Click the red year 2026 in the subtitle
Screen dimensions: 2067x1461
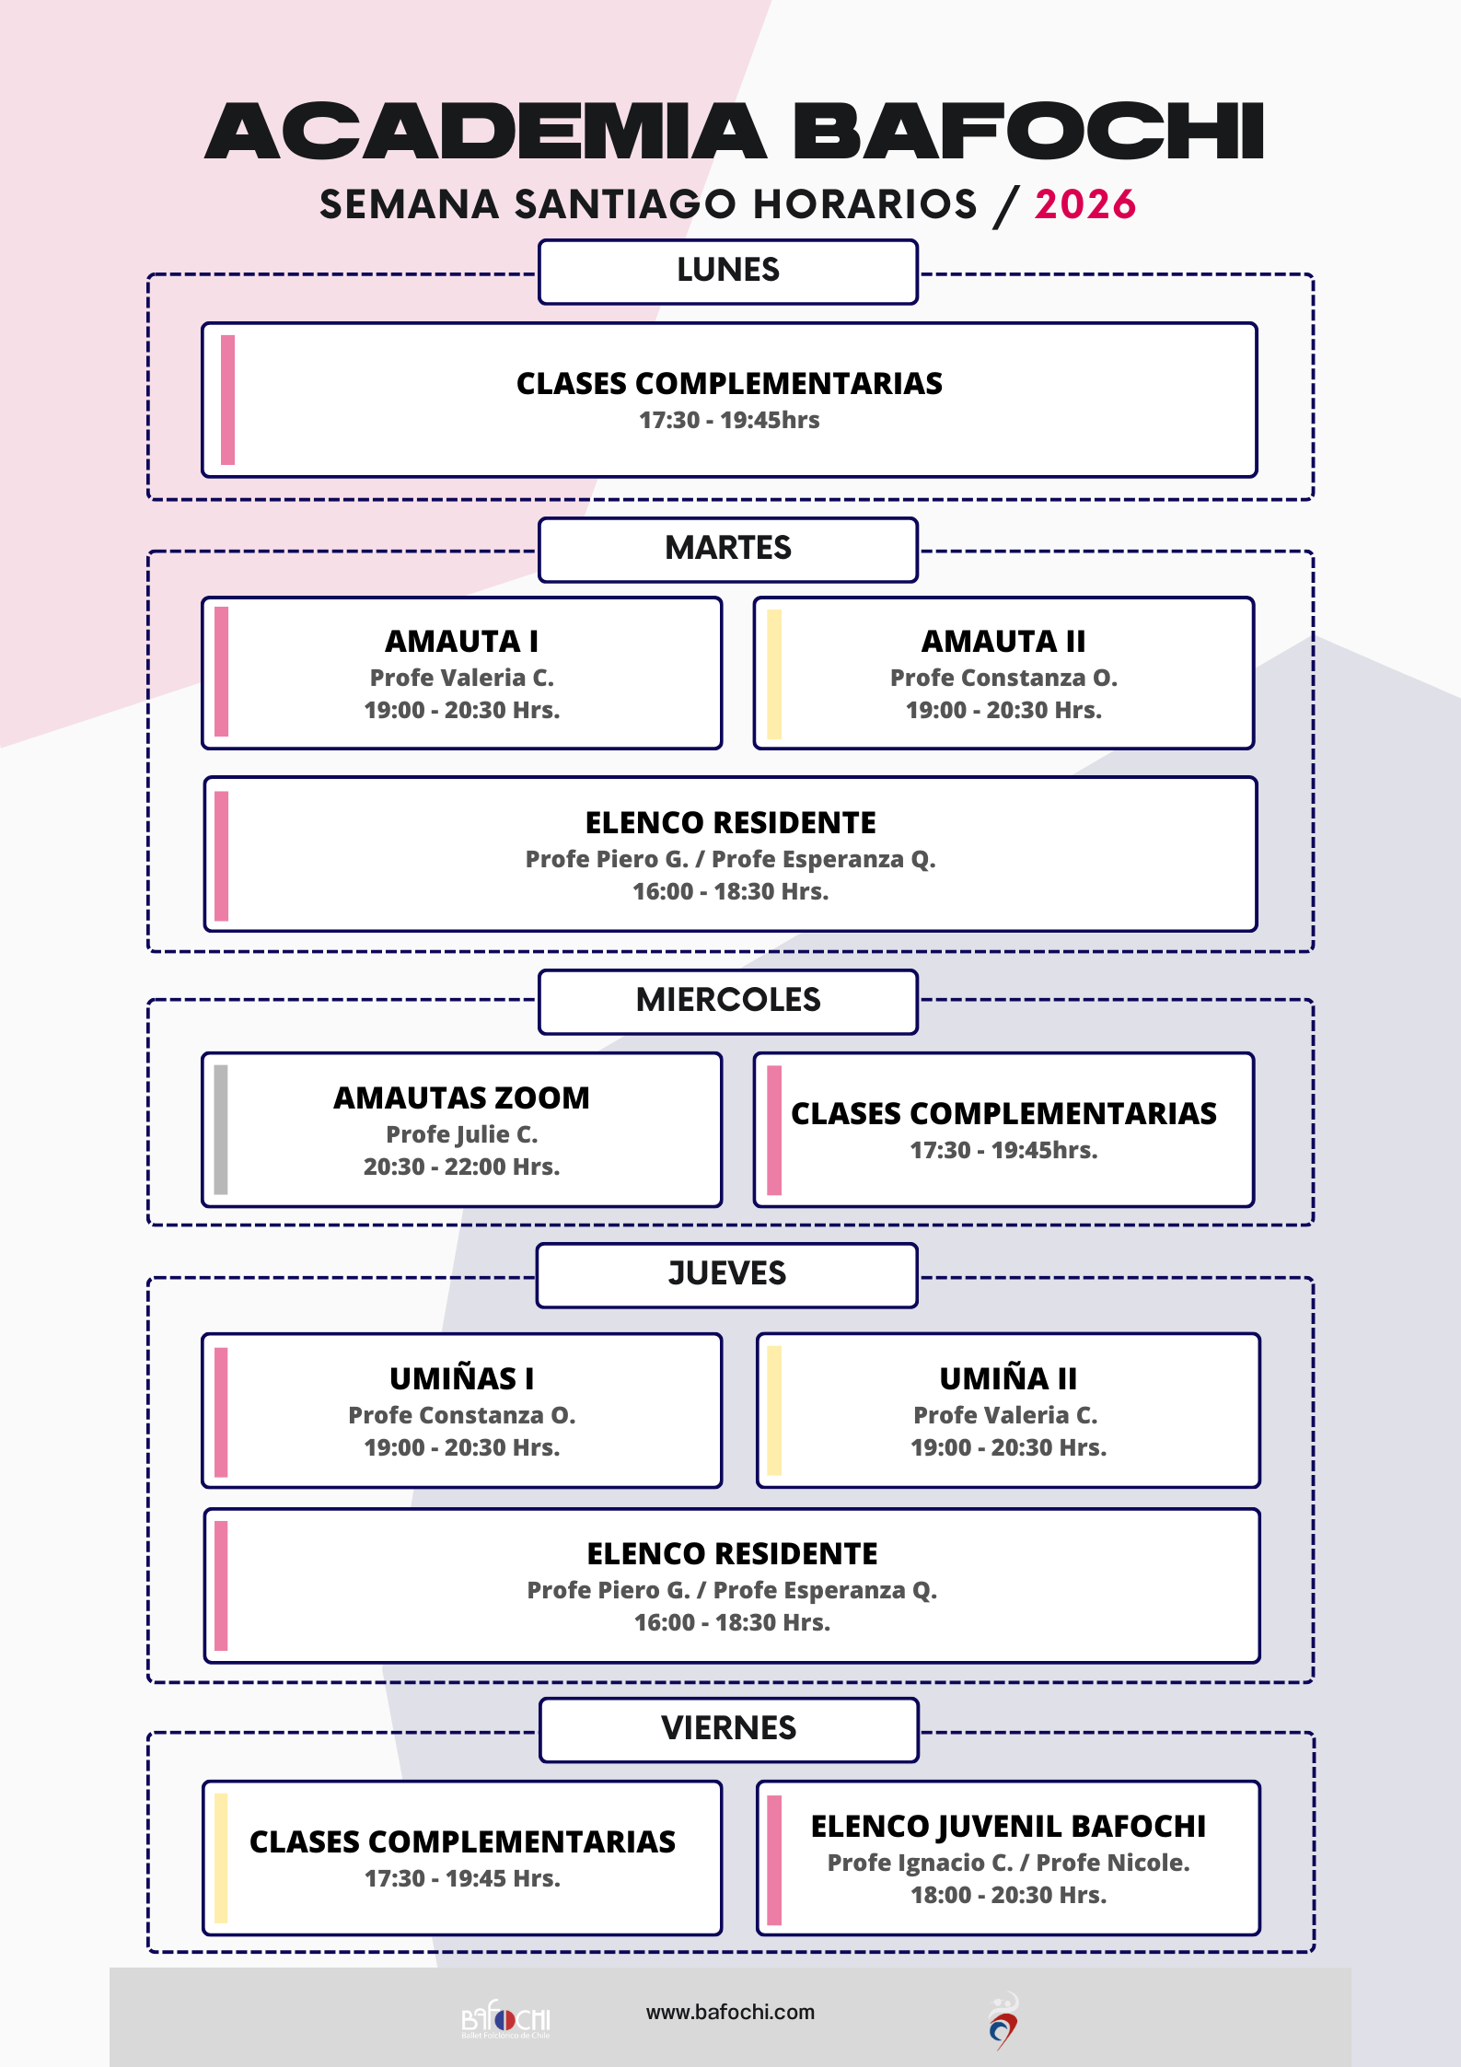coord(1084,204)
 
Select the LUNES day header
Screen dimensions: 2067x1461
coord(728,270)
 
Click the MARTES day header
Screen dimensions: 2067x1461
coord(728,548)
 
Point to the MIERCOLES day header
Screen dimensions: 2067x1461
coord(728,1000)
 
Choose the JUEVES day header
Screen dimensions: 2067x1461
coord(727,1273)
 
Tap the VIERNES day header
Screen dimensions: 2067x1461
coord(728,1728)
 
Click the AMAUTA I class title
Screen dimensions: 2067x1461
coord(461,641)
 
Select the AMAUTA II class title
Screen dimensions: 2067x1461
coord(1003,641)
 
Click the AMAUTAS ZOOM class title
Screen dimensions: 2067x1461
coord(461,1097)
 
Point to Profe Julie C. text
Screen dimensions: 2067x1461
coord(461,1134)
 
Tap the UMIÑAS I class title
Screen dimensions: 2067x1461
coord(461,1378)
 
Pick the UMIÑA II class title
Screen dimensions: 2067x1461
coord(1008,1378)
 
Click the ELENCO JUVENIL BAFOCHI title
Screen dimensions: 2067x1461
coord(1008,1826)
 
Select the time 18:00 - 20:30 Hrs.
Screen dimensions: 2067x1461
coord(1008,1895)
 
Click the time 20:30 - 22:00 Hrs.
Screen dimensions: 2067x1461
coord(461,1167)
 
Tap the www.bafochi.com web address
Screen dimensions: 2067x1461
coord(730,2012)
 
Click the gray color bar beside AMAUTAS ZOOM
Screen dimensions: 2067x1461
coord(221,1130)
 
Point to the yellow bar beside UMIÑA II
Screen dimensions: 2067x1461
coord(775,1411)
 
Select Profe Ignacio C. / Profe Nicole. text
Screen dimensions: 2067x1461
coord(1008,1863)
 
